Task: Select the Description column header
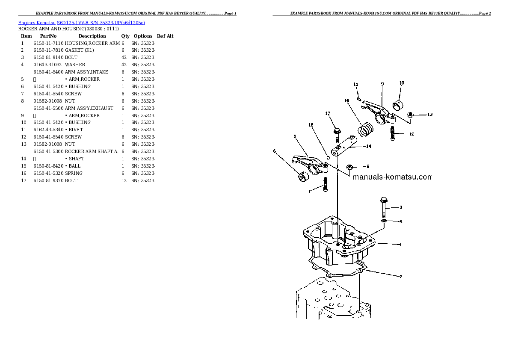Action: (x=92, y=36)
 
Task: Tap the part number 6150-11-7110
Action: (x=48, y=43)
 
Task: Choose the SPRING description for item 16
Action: (x=74, y=173)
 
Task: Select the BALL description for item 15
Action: (x=73, y=166)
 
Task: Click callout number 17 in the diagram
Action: (x=328, y=113)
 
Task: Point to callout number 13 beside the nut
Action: (x=429, y=114)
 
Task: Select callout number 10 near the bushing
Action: (x=401, y=83)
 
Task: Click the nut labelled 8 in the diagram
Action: (x=349, y=166)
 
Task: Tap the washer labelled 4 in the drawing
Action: (x=384, y=221)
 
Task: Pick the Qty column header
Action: (x=125, y=36)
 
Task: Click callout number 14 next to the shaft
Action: (x=368, y=146)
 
